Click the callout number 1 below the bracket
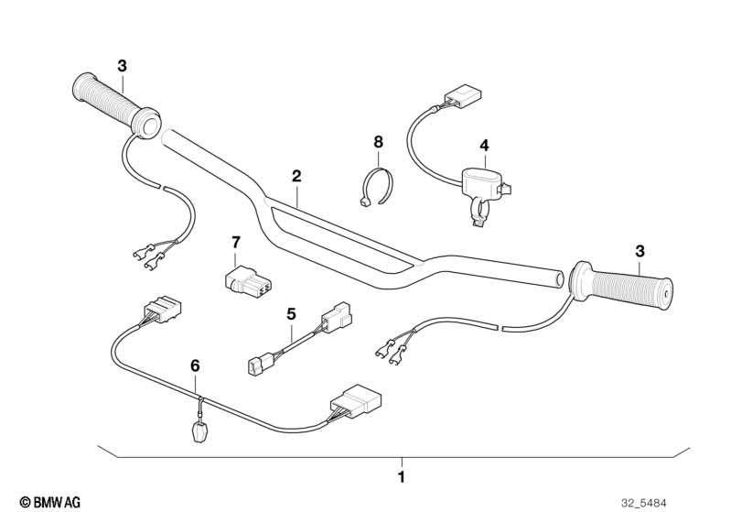401,477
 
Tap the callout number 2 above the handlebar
296,177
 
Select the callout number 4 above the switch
484,146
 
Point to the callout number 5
291,314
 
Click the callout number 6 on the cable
195,366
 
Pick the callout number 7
236,243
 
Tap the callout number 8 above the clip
378,141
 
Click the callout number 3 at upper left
122,66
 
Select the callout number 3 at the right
640,251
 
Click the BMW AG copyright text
50,503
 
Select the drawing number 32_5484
644,503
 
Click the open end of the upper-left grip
145,124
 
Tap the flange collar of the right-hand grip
579,282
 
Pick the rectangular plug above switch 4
463,95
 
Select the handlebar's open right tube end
558,279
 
